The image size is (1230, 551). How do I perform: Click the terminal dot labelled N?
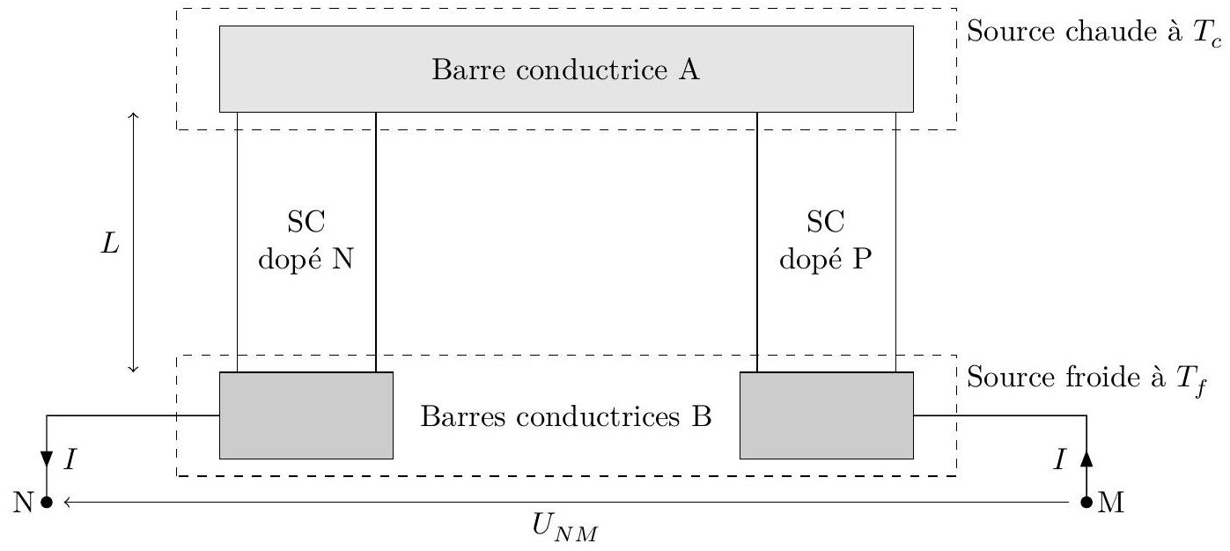pyautogui.click(x=47, y=503)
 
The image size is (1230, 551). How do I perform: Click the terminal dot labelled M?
pyautogui.click(x=1086, y=503)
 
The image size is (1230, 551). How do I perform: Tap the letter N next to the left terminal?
pyautogui.click(x=24, y=503)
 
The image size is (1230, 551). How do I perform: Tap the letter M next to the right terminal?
pyautogui.click(x=1111, y=503)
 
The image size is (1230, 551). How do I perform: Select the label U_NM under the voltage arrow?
pyautogui.click(x=564, y=527)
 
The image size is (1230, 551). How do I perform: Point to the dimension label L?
pyautogui.click(x=110, y=243)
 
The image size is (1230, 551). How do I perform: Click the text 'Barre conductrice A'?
pyautogui.click(x=565, y=70)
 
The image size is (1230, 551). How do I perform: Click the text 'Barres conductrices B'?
pyautogui.click(x=566, y=416)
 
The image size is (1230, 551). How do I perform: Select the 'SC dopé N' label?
pyautogui.click(x=306, y=239)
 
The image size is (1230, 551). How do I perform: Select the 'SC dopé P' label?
pyautogui.click(x=825, y=239)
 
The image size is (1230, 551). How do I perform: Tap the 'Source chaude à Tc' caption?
pyautogui.click(x=1094, y=33)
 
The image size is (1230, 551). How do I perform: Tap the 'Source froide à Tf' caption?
pyautogui.click(x=1086, y=378)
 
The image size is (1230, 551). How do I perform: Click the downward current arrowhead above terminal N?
pyautogui.click(x=47, y=459)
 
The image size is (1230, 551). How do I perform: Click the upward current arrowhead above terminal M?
pyautogui.click(x=1086, y=459)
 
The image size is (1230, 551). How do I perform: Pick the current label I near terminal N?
pyautogui.click(x=70, y=459)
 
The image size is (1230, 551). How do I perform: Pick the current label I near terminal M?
pyautogui.click(x=1060, y=459)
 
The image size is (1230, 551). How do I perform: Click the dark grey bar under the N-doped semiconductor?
pyautogui.click(x=306, y=415)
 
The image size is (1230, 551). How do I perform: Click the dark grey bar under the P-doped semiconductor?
pyautogui.click(x=827, y=415)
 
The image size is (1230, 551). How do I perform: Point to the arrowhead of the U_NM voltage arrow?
pyautogui.click(x=66, y=503)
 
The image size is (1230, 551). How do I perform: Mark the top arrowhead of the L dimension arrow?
pyautogui.click(x=133, y=115)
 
